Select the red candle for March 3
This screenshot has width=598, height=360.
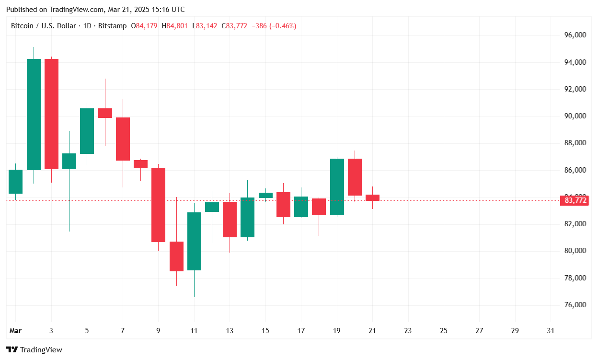click(x=51, y=114)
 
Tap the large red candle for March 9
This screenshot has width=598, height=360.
click(x=158, y=205)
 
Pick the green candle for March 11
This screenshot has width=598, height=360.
click(x=194, y=241)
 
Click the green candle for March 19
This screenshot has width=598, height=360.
click(x=337, y=187)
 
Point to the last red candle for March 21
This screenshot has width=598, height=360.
click(x=372, y=197)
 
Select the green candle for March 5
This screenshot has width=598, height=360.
click(x=87, y=131)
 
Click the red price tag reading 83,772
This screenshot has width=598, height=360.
click(x=575, y=200)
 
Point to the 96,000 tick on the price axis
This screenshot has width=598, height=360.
click(x=575, y=35)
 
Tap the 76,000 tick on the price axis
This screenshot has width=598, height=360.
click(x=575, y=305)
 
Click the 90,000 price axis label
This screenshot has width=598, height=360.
click(x=575, y=116)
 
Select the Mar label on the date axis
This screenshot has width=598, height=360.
click(x=15, y=331)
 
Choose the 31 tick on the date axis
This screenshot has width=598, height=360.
click(x=551, y=331)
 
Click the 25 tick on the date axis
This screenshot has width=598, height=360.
click(x=443, y=331)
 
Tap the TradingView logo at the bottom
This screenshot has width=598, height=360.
click(x=34, y=350)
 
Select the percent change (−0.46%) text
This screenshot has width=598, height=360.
click(x=283, y=26)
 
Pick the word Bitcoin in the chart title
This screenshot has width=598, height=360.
click(x=22, y=26)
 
